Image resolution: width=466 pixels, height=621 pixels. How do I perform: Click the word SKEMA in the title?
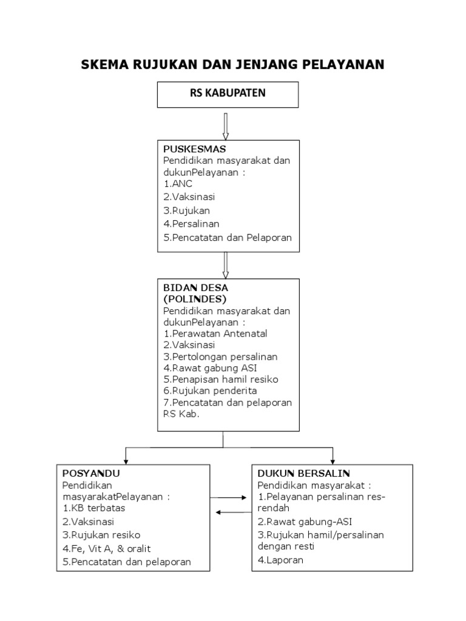pos(105,64)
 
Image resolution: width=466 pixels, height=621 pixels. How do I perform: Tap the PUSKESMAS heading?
pos(194,149)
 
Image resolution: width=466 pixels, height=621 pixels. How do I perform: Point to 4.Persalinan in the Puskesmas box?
pos(191,224)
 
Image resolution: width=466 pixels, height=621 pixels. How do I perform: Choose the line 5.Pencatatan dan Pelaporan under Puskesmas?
pos(228,238)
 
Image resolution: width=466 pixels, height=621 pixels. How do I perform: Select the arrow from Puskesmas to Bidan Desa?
pos(225,264)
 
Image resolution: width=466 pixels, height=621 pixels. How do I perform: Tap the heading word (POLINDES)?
pos(195,299)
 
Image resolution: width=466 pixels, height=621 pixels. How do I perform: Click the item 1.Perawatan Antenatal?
pos(215,334)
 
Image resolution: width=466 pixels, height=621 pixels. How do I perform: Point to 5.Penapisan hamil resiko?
pos(220,380)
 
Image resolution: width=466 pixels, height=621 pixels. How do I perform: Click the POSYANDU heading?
pos(91,473)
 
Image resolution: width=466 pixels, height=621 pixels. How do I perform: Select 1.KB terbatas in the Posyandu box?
pos(93,508)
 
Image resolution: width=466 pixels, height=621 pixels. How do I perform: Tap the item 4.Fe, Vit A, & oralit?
pos(106,548)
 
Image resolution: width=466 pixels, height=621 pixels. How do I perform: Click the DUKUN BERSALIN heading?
pos(303,473)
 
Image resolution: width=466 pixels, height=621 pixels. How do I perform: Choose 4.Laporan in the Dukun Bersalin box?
pos(280,560)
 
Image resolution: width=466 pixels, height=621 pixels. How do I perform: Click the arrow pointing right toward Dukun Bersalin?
pos(231,497)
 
